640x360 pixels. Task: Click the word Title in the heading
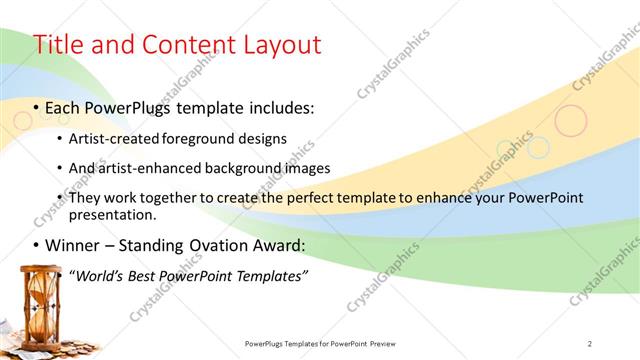pyautogui.click(x=59, y=45)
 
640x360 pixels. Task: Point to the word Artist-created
pyautogui.click(x=111, y=138)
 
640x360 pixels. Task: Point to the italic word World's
pyautogui.click(x=96, y=275)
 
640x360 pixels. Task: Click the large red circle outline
pyautogui.click(x=571, y=121)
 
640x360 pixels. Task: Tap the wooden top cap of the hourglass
pyautogui.click(x=39, y=268)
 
